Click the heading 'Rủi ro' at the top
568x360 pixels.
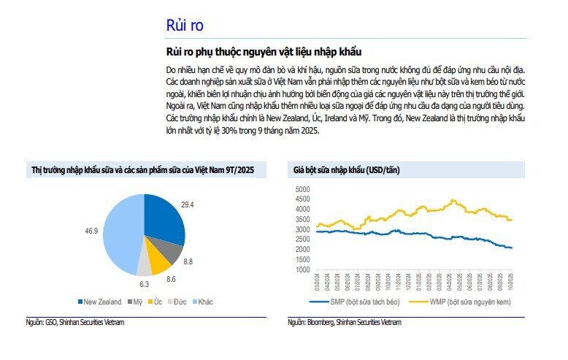pyautogui.click(x=185, y=25)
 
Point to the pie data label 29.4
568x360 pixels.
pyautogui.click(x=188, y=205)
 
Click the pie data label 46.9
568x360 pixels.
pyautogui.click(x=92, y=231)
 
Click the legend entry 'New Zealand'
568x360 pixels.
pyautogui.click(x=99, y=301)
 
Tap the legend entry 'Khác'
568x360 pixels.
pyautogui.click(x=203, y=301)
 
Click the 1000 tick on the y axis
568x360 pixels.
pyautogui.click(x=302, y=269)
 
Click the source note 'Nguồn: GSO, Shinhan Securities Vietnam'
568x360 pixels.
pyautogui.click(x=75, y=322)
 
